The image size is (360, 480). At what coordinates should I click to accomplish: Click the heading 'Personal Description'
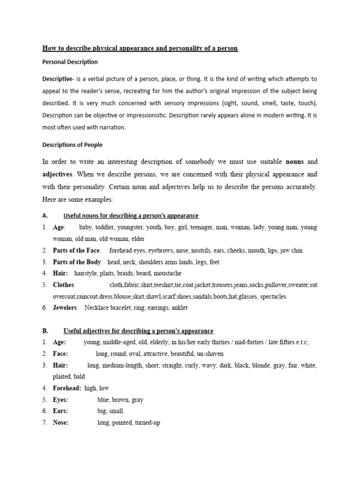tap(70, 62)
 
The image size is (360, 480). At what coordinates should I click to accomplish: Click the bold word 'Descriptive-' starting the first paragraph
tap(60, 79)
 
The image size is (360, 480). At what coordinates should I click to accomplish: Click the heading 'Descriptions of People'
tap(72, 144)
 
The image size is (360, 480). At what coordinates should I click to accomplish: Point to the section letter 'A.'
tap(45, 216)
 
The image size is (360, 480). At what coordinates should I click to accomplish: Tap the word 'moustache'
tap(167, 273)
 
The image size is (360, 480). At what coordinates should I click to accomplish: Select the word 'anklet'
tap(178, 308)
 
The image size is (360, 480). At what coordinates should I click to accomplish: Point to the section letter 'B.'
tap(45, 331)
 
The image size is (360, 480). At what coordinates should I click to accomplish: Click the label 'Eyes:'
tap(60, 400)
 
